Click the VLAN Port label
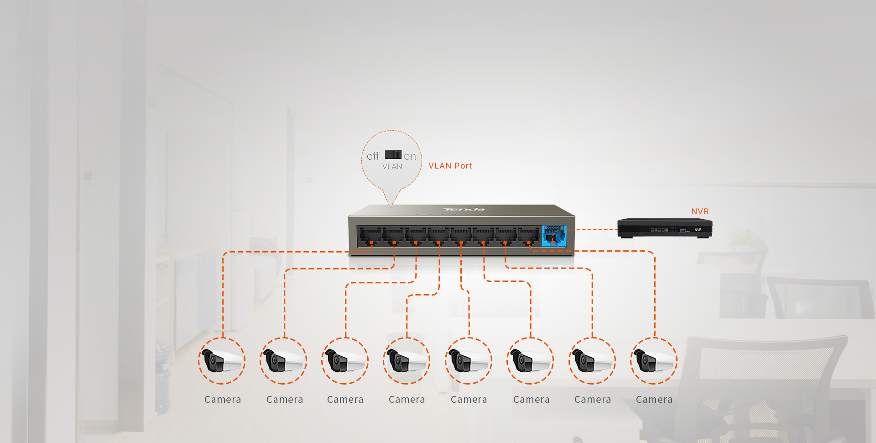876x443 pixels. [x=450, y=166]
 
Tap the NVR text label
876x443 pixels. [x=700, y=211]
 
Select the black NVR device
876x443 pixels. [x=664, y=228]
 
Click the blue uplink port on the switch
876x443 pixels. [x=554, y=236]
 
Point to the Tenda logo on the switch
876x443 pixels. [x=464, y=210]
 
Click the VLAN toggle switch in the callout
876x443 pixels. [x=393, y=155]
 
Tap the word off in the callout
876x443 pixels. [x=373, y=156]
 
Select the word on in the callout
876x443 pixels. [x=410, y=157]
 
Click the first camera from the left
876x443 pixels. [x=222, y=361]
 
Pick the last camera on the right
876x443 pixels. [x=654, y=361]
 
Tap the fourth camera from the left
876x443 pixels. [x=407, y=361]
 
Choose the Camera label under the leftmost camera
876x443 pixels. [x=223, y=400]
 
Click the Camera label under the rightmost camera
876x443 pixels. [x=654, y=400]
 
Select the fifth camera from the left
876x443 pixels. [x=469, y=361]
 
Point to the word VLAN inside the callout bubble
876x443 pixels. [x=392, y=167]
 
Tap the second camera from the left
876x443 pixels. [x=283, y=361]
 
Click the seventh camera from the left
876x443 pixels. [x=592, y=361]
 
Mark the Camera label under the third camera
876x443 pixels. [x=345, y=400]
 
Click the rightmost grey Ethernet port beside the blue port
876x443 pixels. [x=528, y=236]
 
